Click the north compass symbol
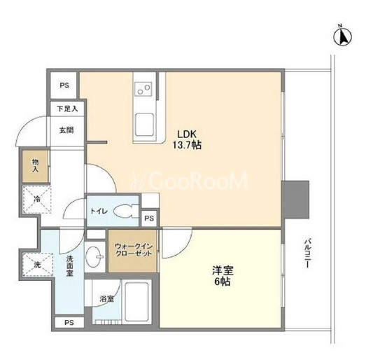click(342, 37)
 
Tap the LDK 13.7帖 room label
click(187, 139)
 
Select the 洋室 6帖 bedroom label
click(223, 276)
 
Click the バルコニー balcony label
click(307, 253)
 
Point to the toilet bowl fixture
click(123, 211)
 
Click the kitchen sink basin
click(144, 125)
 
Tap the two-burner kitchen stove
click(143, 88)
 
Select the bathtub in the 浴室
click(136, 301)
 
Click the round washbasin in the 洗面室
click(94, 256)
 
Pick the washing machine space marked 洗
click(38, 265)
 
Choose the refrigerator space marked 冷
click(37, 200)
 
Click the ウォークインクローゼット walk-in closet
click(132, 251)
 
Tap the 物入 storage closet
click(35, 166)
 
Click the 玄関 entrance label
click(66, 130)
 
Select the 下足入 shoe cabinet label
click(67, 109)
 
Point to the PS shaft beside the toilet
click(149, 218)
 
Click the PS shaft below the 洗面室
click(69, 323)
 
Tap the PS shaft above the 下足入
click(64, 85)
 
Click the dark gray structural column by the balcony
click(295, 199)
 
